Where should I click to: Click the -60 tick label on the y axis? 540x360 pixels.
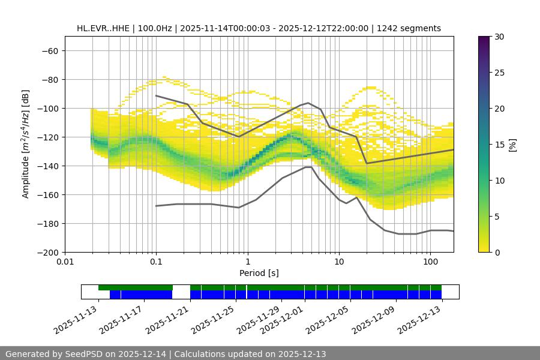(x=49, y=50)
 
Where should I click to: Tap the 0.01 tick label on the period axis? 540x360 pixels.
(x=65, y=262)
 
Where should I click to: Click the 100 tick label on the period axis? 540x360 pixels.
(x=430, y=262)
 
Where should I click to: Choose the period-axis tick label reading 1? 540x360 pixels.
(x=247, y=262)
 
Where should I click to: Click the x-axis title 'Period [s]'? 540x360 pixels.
(x=259, y=273)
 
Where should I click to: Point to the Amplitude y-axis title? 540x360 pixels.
(x=26, y=144)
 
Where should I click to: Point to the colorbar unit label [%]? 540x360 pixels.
(x=512, y=145)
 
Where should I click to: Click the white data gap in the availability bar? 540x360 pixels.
(x=181, y=292)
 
